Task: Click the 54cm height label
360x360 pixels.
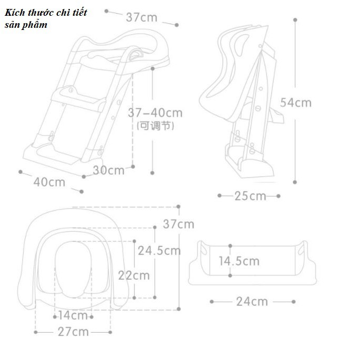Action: tap(296, 102)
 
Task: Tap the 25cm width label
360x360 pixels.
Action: tap(250, 196)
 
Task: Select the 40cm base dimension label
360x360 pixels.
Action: tap(49, 182)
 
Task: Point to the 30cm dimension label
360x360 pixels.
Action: tap(109, 170)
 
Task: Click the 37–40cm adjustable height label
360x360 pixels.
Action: tap(155, 112)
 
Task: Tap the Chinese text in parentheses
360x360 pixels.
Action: tap(156, 126)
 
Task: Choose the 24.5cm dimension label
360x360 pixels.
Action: tap(159, 251)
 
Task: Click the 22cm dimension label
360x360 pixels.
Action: tap(134, 275)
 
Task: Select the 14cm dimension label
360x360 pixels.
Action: tap(73, 315)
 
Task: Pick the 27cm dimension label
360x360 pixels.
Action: tap(73, 332)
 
